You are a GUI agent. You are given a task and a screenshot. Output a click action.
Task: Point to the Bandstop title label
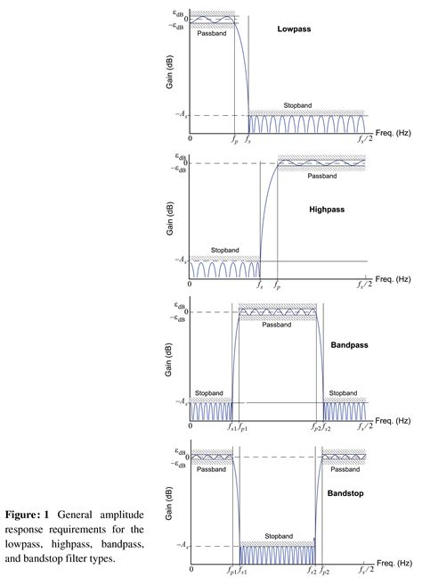pyautogui.click(x=348, y=491)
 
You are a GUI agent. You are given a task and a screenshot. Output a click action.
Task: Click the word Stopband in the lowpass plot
pyautogui.click(x=299, y=105)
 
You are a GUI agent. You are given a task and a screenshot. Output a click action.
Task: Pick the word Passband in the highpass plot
pyautogui.click(x=321, y=176)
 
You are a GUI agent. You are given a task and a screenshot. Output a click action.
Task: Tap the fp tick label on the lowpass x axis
pyautogui.click(x=234, y=139)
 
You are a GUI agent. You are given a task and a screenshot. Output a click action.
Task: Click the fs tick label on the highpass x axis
pyautogui.click(x=259, y=285)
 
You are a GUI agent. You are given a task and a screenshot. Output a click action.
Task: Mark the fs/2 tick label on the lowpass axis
pyautogui.click(x=364, y=139)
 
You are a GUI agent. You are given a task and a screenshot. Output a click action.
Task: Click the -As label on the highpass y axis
pyautogui.click(x=181, y=260)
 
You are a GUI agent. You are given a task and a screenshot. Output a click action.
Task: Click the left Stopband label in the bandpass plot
pyautogui.click(x=210, y=392)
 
